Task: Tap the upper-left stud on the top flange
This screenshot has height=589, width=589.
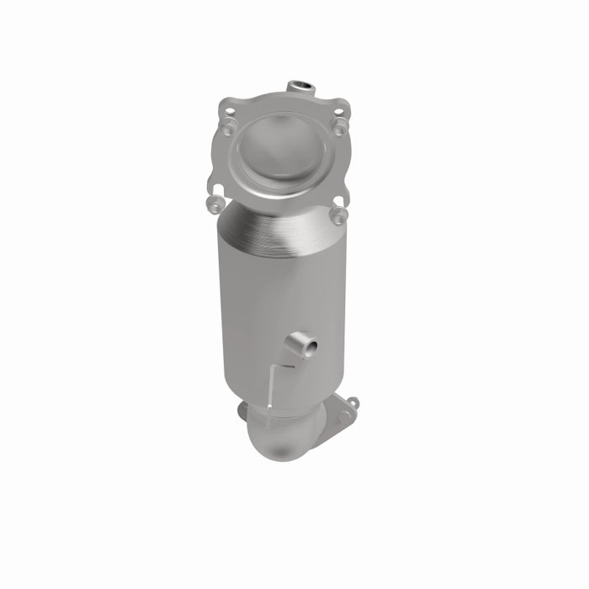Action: click(228, 128)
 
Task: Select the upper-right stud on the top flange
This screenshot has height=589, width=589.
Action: click(339, 125)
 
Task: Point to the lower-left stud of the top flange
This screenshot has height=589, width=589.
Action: click(215, 202)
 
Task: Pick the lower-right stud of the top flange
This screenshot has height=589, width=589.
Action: click(338, 215)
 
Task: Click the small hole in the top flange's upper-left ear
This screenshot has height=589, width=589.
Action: click(224, 108)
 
